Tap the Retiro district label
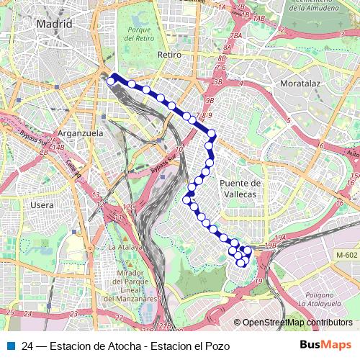pyautogui.click(x=167, y=54)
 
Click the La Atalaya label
pyautogui.click(x=125, y=246)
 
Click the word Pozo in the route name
pyautogui.click(x=216, y=346)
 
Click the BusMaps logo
pyautogui.click(x=325, y=345)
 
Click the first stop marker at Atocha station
pyautogui.click(x=111, y=81)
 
